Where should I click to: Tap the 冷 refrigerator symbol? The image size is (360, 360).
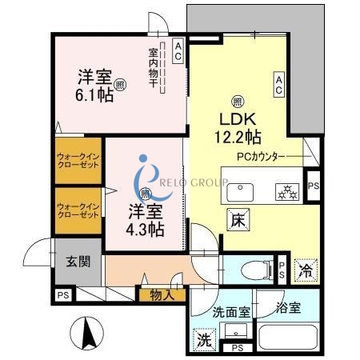click(x=305, y=270)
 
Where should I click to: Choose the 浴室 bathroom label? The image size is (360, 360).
click(x=288, y=307)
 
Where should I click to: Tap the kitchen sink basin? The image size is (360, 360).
click(x=240, y=191)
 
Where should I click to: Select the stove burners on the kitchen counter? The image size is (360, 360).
click(x=286, y=191)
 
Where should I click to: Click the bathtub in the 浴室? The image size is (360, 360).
click(x=287, y=337)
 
